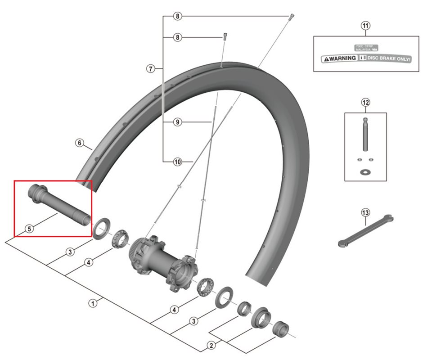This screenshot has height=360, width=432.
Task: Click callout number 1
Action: tap(93, 303)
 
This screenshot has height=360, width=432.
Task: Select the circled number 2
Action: tap(211, 346)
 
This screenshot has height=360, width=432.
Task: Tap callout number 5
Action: tap(29, 229)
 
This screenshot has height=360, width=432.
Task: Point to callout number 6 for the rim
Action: tap(79, 143)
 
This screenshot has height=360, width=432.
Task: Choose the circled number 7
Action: tap(151, 69)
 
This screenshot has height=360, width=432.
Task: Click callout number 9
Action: tap(178, 122)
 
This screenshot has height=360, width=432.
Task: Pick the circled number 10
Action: tap(178, 161)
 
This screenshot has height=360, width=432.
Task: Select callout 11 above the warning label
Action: tap(365, 26)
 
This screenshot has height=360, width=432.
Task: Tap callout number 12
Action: tap(365, 103)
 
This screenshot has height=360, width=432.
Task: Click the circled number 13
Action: tap(365, 212)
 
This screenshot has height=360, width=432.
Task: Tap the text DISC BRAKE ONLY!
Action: tap(390, 58)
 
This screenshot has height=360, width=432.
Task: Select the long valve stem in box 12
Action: tap(365, 134)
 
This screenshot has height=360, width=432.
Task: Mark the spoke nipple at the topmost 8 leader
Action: tap(292, 17)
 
